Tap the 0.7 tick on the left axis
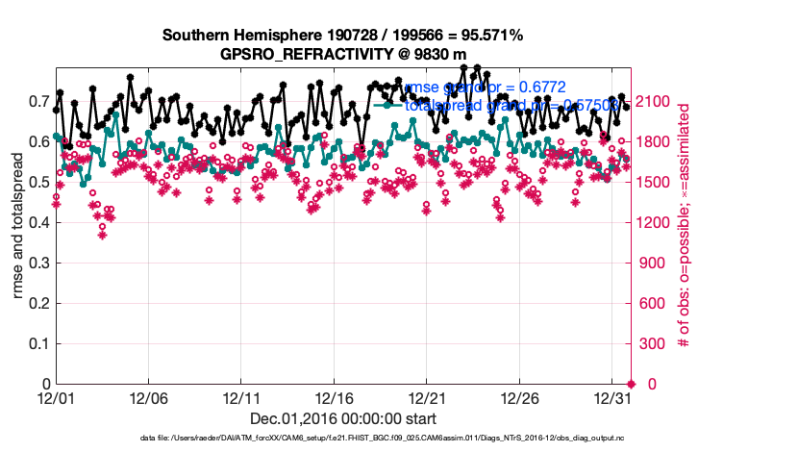pyautogui.click(x=38, y=102)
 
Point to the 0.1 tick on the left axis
pyautogui.click(x=38, y=343)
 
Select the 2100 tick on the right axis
pyautogui.click(x=656, y=102)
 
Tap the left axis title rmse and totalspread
pyautogui.click(x=19, y=227)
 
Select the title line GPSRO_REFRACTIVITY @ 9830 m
pyautogui.click(x=342, y=54)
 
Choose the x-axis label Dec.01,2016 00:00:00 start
pyautogui.click(x=343, y=418)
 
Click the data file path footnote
pyautogui.click(x=343, y=439)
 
